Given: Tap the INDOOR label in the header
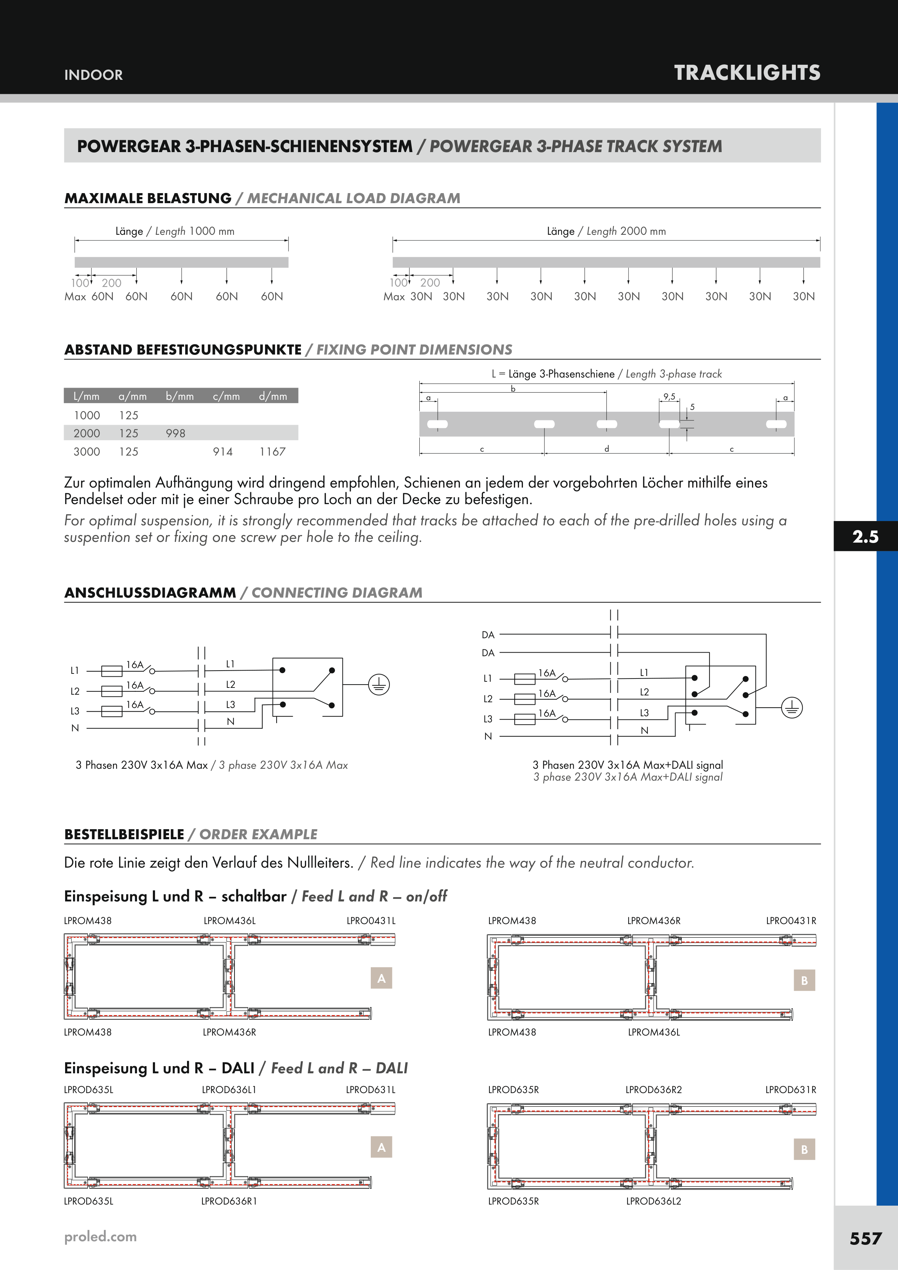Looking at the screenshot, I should (x=94, y=75).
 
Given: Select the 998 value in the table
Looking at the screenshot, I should (x=176, y=433).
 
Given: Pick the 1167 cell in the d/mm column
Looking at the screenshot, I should (x=272, y=452).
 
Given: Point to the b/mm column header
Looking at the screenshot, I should (x=180, y=396).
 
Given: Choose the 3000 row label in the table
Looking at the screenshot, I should (x=87, y=452).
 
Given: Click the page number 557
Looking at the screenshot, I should (x=865, y=1238).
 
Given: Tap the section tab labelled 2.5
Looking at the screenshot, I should (x=865, y=536).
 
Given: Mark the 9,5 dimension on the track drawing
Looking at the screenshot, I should (x=670, y=397).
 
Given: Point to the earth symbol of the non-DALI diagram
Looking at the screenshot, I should (x=379, y=685).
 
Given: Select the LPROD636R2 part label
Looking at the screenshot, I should (x=653, y=1090).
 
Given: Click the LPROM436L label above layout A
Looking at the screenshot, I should (x=229, y=921).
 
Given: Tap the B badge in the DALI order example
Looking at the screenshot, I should (x=804, y=1150).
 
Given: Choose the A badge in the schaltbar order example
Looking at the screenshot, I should (x=381, y=978).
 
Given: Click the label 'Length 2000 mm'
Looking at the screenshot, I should (x=606, y=231).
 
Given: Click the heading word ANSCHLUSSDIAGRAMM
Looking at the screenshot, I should (x=150, y=593).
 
